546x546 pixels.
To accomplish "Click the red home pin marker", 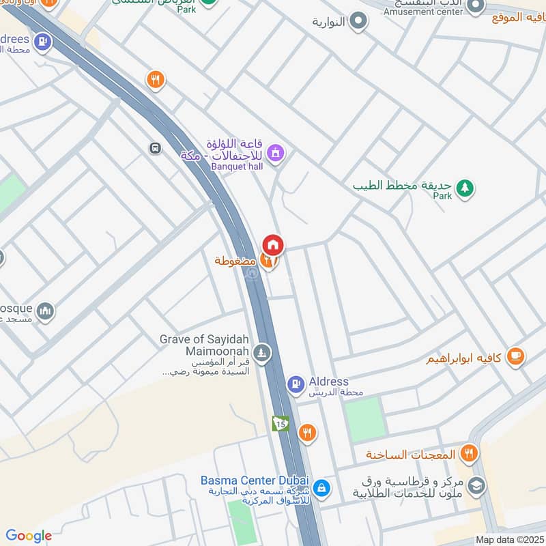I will click(x=273, y=244).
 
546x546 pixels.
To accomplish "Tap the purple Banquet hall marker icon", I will click(x=276, y=153).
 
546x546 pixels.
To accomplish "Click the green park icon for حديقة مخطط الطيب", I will click(x=465, y=187).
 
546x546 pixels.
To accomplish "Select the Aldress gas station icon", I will click(x=296, y=385).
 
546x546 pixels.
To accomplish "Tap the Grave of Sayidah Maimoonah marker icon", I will click(x=262, y=354).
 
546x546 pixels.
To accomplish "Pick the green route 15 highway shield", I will click(x=280, y=424).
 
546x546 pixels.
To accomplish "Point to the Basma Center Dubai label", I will click(x=255, y=480).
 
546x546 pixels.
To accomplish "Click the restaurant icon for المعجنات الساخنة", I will click(x=468, y=452).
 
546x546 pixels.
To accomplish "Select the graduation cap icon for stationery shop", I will click(x=476, y=485).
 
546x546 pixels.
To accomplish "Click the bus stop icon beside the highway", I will click(x=156, y=147).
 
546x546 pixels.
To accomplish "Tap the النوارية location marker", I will click(x=358, y=21).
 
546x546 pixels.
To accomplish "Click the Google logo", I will click(x=29, y=536).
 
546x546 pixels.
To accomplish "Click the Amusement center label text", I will click(x=423, y=12).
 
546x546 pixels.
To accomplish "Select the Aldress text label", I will click(x=328, y=382).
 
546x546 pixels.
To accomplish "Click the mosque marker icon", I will click(x=46, y=311).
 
